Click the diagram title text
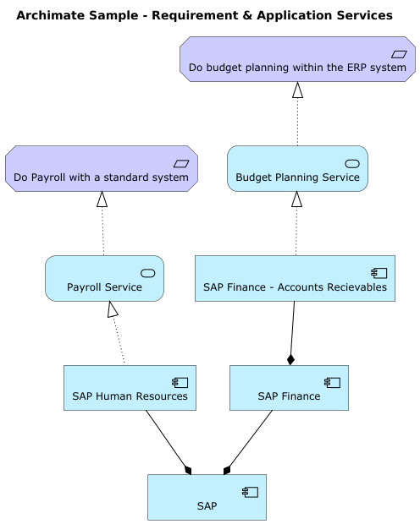click(204, 15)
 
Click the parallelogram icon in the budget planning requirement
click(399, 54)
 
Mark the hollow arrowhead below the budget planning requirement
click(297, 90)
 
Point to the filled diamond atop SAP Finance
click(290, 359)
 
